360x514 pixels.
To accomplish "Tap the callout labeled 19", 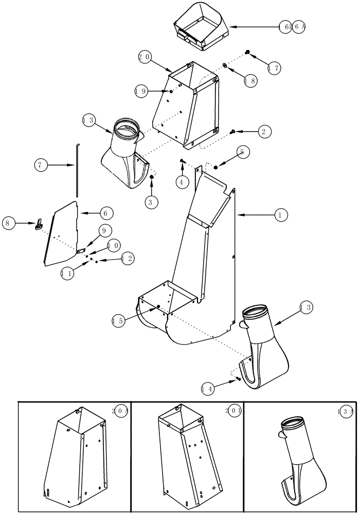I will click(x=142, y=91).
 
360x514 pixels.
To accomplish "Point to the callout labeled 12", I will click(x=127, y=259).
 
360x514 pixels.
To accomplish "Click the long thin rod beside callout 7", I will click(x=77, y=170).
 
